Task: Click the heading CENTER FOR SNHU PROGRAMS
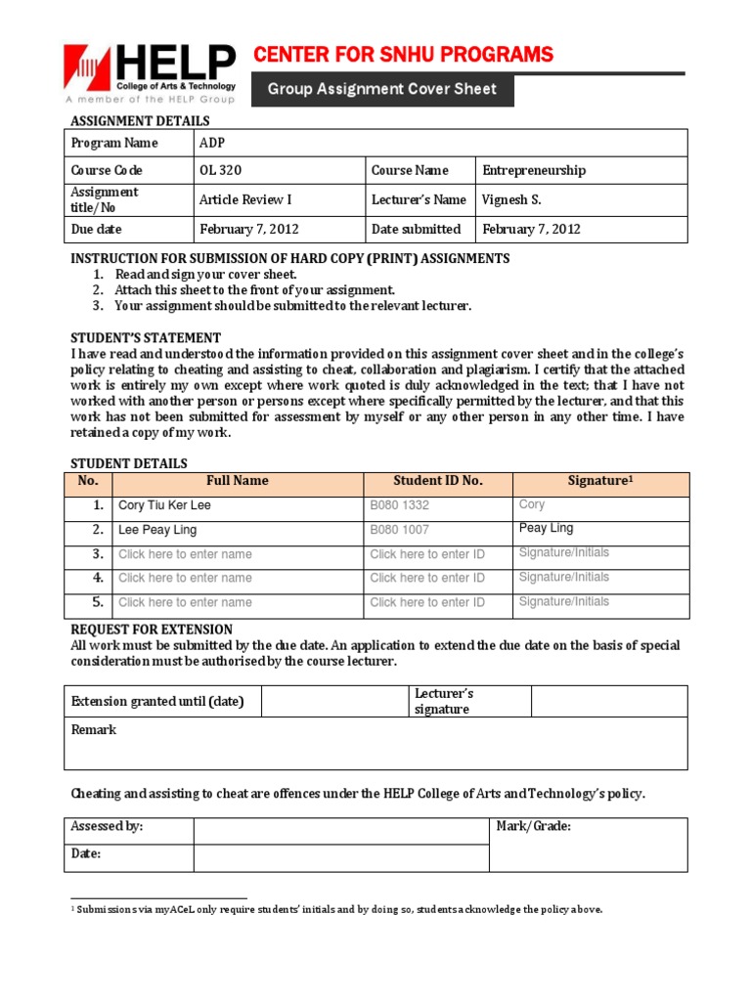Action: click(403, 54)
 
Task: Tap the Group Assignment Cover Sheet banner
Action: click(382, 89)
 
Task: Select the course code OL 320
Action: click(220, 170)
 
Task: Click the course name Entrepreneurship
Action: click(534, 170)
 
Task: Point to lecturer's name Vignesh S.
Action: click(511, 199)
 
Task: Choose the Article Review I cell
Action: click(245, 199)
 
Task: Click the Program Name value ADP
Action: click(212, 143)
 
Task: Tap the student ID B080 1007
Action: click(399, 530)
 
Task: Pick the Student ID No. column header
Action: click(438, 481)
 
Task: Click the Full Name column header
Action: click(237, 481)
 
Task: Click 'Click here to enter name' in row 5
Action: click(185, 602)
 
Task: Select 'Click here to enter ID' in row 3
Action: click(426, 554)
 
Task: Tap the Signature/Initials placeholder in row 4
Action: click(563, 577)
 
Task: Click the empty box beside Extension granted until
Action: click(333, 701)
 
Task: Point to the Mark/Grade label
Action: click(533, 827)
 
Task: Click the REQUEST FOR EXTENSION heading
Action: click(152, 630)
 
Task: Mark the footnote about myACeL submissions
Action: click(337, 909)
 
